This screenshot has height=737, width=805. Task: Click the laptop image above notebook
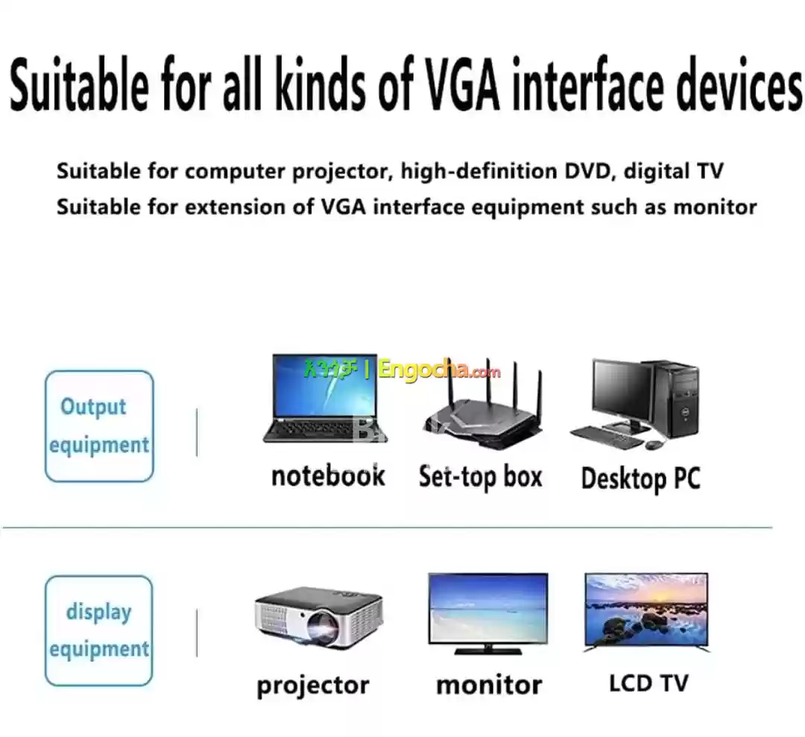(325, 398)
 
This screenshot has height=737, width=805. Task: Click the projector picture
(319, 619)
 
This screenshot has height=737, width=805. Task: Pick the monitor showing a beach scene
(488, 614)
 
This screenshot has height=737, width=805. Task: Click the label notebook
(328, 475)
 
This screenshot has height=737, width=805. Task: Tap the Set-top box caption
(481, 478)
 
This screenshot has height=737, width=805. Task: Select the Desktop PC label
(640, 479)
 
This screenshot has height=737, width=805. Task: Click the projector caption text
(312, 686)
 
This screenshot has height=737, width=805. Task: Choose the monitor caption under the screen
(489, 685)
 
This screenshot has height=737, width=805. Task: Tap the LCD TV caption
(648, 683)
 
